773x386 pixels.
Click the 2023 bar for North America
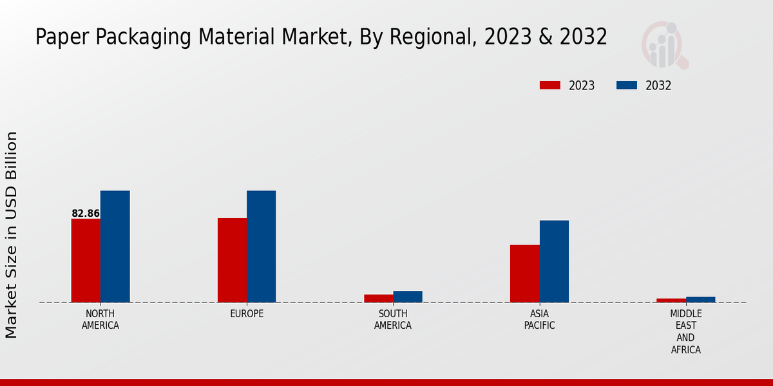(x=86, y=261)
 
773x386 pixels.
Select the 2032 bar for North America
(x=115, y=246)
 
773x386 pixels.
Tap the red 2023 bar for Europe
(x=232, y=260)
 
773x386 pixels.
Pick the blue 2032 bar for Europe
(x=261, y=246)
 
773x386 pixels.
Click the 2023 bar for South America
(x=378, y=299)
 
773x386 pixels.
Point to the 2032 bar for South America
(x=408, y=297)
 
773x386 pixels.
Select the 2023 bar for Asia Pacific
(x=524, y=273)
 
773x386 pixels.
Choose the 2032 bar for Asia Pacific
(x=554, y=261)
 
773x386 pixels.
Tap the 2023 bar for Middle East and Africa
(x=671, y=300)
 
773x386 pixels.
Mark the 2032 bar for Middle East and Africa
(x=701, y=299)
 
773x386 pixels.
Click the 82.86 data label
(x=86, y=214)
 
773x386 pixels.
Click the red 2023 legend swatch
(x=550, y=86)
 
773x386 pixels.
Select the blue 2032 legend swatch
(x=627, y=86)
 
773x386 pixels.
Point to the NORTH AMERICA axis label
(x=100, y=320)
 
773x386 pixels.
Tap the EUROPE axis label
(x=247, y=314)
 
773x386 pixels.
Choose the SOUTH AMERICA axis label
(x=393, y=320)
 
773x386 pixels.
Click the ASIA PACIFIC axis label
(x=539, y=320)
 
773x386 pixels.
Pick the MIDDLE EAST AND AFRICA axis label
(x=685, y=332)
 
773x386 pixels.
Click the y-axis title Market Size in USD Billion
(x=12, y=235)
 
